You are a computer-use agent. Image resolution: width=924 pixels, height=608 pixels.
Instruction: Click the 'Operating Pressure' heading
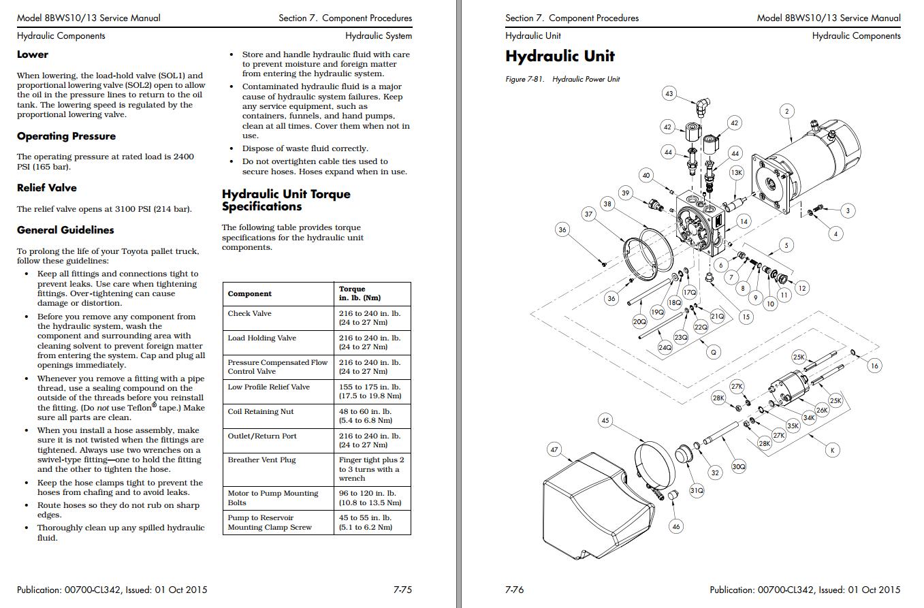point(66,136)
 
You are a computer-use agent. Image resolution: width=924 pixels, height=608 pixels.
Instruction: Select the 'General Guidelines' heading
point(65,230)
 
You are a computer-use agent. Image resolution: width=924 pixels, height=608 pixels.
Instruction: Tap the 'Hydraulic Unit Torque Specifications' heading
point(286,200)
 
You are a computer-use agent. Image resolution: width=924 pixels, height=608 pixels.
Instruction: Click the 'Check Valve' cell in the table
point(249,314)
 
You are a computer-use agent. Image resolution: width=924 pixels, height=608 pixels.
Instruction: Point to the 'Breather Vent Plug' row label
point(261,460)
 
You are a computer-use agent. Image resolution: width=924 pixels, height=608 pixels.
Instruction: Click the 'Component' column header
point(249,294)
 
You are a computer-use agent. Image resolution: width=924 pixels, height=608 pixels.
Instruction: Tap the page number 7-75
point(402,590)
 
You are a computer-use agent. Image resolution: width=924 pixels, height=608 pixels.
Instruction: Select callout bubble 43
point(669,93)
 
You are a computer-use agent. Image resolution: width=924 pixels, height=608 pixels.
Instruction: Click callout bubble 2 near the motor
point(786,111)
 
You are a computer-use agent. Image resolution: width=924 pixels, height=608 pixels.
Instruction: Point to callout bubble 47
point(554,449)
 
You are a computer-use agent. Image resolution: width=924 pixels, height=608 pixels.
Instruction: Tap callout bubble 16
point(874,366)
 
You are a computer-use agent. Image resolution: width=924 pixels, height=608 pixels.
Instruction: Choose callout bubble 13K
point(736,173)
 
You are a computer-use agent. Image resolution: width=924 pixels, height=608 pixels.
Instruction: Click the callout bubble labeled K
point(831,449)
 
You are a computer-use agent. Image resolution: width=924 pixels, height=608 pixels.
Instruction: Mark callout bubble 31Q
point(697,490)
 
